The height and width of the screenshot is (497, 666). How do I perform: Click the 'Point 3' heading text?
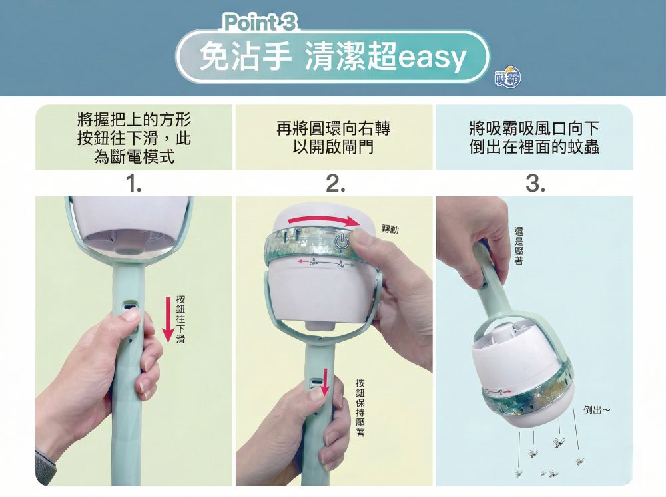[260, 22]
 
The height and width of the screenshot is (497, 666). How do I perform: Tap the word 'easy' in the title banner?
[432, 58]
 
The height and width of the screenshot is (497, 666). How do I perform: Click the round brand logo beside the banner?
[508, 78]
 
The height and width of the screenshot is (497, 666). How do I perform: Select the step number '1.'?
[135, 184]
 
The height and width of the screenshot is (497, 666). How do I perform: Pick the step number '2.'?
[335, 184]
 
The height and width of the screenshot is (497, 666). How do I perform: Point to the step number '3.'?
[535, 184]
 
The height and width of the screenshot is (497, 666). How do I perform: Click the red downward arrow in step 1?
[169, 319]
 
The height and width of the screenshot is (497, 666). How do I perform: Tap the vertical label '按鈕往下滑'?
[180, 318]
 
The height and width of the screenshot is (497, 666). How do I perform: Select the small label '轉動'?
[390, 229]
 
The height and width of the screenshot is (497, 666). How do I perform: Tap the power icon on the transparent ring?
[342, 242]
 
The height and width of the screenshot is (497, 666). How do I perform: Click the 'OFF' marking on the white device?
[314, 264]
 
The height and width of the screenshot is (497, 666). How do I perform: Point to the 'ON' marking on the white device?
[340, 266]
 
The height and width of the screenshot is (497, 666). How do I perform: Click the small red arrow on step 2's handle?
[326, 382]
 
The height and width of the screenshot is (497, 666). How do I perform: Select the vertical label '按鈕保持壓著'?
[360, 407]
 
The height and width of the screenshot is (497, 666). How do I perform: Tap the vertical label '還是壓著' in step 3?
[519, 246]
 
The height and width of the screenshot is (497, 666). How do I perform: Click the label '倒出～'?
[597, 410]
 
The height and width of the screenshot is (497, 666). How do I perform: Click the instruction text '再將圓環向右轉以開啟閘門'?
[334, 138]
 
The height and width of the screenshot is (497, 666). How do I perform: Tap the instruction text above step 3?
[534, 138]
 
